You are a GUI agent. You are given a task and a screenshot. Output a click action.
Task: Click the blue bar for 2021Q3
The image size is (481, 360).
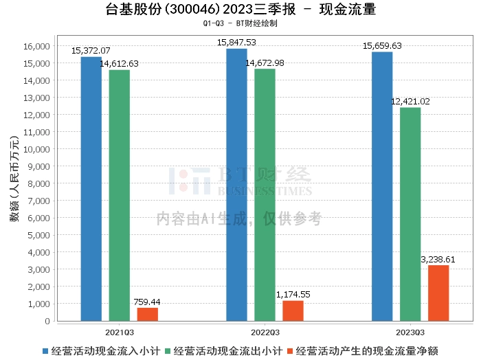(x=91, y=189)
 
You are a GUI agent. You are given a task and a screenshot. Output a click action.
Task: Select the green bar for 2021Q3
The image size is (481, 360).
(x=120, y=195)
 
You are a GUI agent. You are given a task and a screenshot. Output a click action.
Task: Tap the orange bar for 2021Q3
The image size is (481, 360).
(x=147, y=314)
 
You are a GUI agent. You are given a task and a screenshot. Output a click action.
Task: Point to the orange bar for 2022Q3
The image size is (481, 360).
(x=293, y=311)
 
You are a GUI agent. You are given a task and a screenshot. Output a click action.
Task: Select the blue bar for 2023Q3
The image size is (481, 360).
(x=382, y=186)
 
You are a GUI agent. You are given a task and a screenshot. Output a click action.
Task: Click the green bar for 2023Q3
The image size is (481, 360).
(x=410, y=214)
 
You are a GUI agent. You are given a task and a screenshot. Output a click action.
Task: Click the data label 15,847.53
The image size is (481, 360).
(x=236, y=43)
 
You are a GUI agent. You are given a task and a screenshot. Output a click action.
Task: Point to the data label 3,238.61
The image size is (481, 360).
(x=438, y=259)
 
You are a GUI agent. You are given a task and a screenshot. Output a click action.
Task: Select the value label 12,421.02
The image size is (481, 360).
(x=410, y=102)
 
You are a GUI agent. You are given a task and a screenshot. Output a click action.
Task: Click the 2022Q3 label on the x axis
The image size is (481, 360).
(x=265, y=331)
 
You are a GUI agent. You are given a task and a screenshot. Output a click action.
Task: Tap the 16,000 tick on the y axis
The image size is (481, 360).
(x=38, y=46)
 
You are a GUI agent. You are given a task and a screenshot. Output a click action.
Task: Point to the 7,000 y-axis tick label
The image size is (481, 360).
(x=40, y=201)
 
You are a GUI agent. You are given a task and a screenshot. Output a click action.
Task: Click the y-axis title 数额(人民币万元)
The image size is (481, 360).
(x=14, y=183)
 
